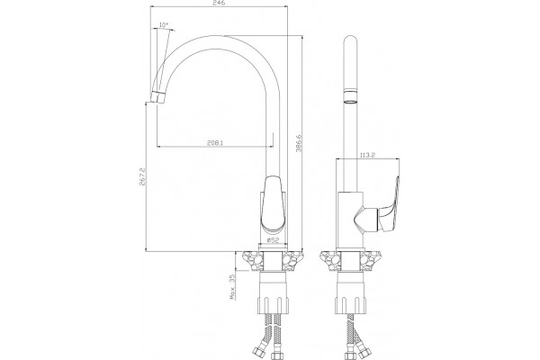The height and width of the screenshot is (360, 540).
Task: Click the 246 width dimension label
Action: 220,3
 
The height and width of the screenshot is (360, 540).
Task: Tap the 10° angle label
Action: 164,25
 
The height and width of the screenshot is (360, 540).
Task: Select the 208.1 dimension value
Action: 215,142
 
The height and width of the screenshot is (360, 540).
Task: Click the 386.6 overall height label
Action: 299,143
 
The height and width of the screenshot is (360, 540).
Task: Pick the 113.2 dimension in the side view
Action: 367,155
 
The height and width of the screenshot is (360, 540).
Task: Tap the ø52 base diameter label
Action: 273,240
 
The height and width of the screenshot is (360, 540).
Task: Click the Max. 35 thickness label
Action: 232,286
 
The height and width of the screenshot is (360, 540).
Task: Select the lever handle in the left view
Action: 273,204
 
